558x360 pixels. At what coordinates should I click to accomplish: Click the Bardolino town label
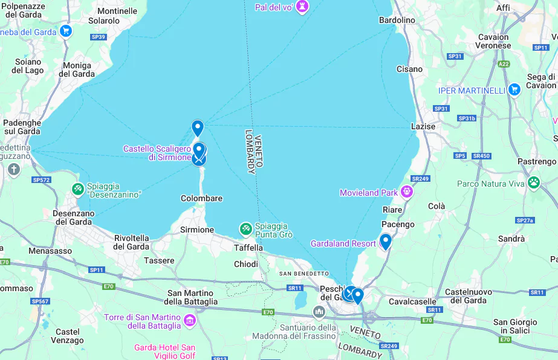coord(397,20)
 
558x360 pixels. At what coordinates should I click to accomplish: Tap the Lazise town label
coord(423,126)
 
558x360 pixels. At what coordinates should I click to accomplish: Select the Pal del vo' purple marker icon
coord(302,7)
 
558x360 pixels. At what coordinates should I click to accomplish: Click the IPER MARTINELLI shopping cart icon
coord(514,89)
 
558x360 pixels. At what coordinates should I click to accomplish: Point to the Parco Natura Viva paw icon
coord(533,182)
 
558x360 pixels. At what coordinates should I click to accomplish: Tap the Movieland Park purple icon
coord(407,192)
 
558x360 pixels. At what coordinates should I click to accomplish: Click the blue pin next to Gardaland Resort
coord(385,241)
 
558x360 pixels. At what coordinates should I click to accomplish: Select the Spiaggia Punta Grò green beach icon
coord(245,229)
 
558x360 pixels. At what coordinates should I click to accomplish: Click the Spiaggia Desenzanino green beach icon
coord(77,189)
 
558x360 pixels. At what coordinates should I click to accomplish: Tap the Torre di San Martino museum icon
coord(190,320)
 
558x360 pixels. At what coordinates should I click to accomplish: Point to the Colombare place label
coord(201,198)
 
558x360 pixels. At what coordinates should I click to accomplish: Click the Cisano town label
coord(409,69)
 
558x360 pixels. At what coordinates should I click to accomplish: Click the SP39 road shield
coord(99,37)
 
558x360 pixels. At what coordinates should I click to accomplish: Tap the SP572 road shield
coord(41,179)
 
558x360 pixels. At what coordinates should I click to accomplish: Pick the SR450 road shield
coord(481,156)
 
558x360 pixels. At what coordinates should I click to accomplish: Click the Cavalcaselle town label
coord(412,301)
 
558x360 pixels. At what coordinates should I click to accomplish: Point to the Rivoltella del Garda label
coord(132,242)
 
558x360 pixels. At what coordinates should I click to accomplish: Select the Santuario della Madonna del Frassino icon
coord(319,312)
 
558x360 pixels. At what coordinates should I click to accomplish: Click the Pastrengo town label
coord(536,161)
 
